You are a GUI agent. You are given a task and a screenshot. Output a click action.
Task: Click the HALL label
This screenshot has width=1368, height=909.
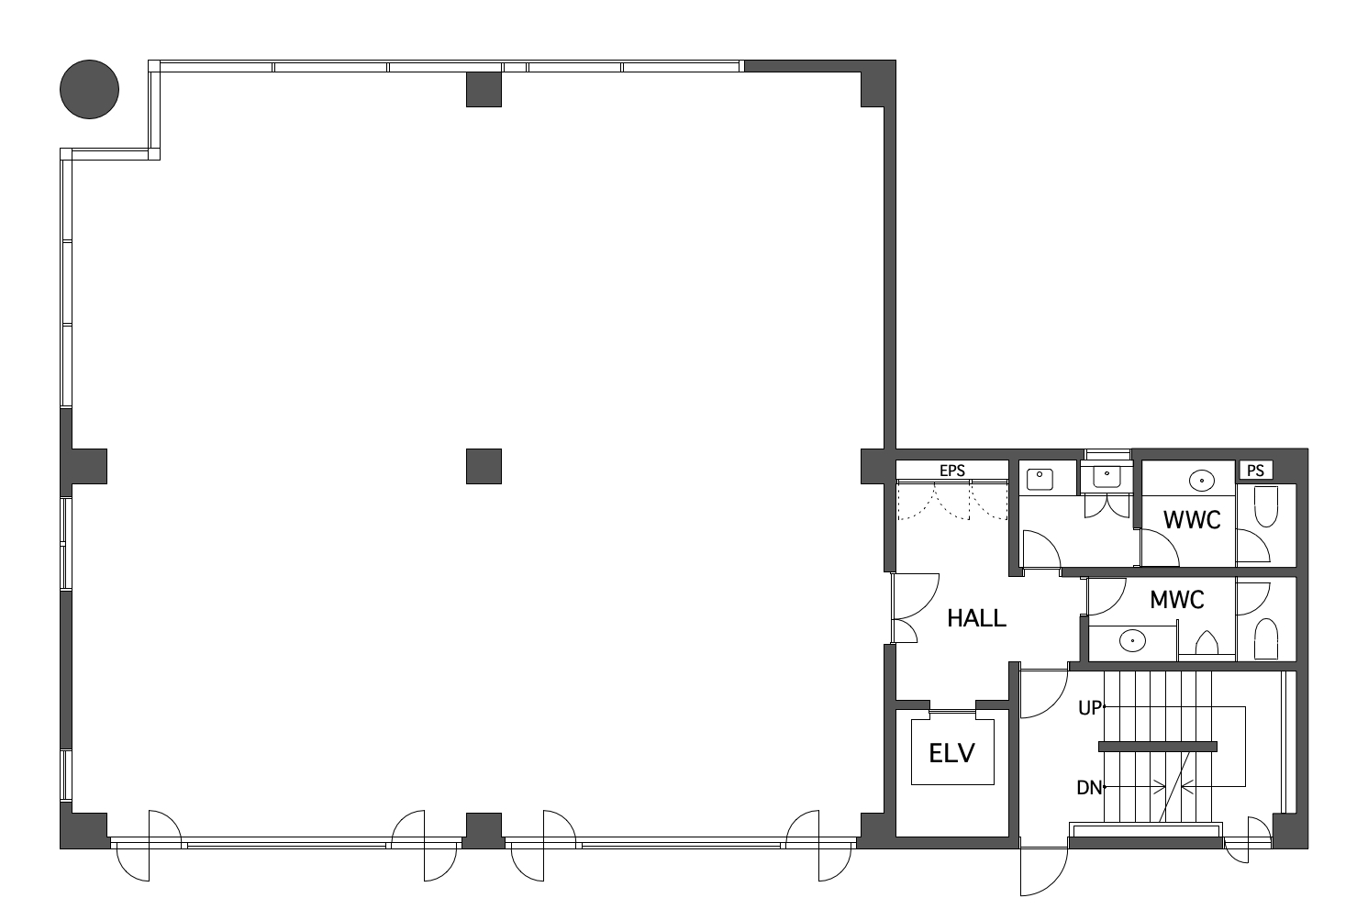tap(976, 618)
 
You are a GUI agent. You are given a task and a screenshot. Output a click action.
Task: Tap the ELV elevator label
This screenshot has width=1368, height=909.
tap(952, 753)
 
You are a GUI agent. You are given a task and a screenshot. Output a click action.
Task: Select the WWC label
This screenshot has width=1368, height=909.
tap(1192, 520)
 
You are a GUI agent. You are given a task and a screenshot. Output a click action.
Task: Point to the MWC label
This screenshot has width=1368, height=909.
tap(1177, 600)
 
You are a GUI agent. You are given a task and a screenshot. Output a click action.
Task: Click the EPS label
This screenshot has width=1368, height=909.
tap(952, 471)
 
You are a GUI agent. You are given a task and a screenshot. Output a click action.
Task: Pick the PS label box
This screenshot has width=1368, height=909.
tap(1256, 471)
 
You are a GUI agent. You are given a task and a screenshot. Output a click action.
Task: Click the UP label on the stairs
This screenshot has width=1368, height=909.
tap(1090, 707)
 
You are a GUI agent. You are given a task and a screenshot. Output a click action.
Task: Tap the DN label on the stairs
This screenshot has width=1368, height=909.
tap(1089, 788)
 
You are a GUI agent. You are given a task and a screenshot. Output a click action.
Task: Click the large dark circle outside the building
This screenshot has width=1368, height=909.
tap(89, 89)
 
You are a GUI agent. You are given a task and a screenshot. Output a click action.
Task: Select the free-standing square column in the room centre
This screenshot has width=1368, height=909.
tap(484, 466)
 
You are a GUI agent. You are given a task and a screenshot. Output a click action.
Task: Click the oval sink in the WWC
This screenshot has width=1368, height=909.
tap(1202, 481)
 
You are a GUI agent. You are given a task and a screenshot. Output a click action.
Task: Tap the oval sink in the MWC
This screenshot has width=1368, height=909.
tap(1132, 640)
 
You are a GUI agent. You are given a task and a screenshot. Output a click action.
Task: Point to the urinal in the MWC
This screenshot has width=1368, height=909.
tap(1207, 643)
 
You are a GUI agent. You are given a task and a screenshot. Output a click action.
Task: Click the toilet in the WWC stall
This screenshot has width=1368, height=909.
tap(1266, 506)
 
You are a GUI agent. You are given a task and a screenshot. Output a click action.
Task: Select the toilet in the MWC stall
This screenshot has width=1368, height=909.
tap(1266, 639)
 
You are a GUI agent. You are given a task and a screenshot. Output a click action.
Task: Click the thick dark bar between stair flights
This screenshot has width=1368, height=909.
tap(1157, 746)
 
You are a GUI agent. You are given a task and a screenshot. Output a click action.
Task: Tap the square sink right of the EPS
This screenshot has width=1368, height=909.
tap(1040, 479)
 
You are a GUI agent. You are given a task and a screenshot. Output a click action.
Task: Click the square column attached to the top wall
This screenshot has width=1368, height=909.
tap(484, 89)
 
